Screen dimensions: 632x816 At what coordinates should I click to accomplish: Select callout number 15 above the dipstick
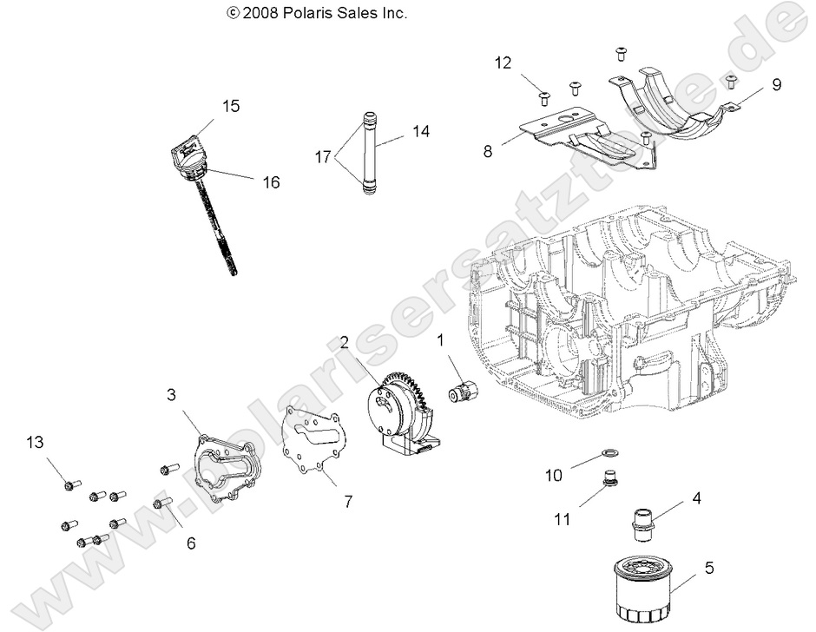pos(230,106)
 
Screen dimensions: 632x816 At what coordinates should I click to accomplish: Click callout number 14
pos(420,131)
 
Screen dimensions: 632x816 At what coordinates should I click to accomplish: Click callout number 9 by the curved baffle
pos(776,84)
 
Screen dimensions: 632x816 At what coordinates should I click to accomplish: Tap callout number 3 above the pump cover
pos(173,394)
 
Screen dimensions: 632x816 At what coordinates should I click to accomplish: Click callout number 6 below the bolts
pos(190,543)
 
